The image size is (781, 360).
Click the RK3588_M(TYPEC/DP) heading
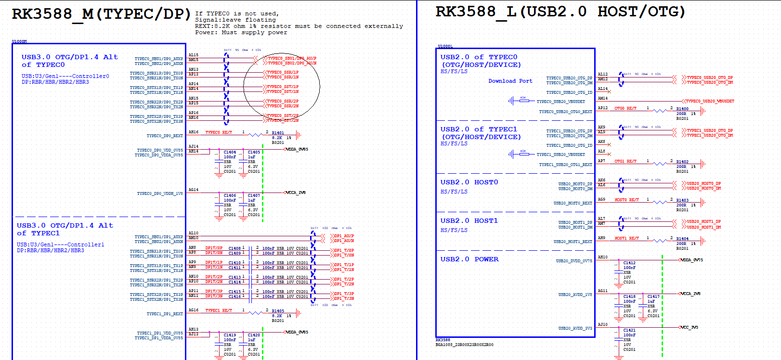[101, 14]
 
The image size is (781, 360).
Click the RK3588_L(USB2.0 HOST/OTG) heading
[560, 12]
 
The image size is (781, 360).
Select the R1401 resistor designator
[278, 133]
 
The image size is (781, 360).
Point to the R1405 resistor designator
[278, 311]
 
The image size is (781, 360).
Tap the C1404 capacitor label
[230, 152]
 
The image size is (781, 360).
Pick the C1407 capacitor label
[254, 195]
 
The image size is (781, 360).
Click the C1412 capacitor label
[629, 263]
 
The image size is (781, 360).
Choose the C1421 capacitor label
[629, 330]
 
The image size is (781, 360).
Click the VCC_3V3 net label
[690, 327]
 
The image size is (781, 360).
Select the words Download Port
[510, 81]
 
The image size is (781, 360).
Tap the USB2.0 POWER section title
[469, 259]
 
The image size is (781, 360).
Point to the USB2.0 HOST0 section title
[469, 182]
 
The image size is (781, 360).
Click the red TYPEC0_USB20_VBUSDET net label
[710, 101]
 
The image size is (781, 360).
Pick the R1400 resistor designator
[682, 109]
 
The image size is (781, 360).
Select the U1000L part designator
[445, 46]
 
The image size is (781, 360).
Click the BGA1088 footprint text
[464, 345]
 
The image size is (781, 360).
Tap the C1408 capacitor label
[234, 248]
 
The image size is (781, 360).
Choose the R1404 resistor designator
[682, 239]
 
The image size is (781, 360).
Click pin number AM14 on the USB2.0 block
[603, 98]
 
